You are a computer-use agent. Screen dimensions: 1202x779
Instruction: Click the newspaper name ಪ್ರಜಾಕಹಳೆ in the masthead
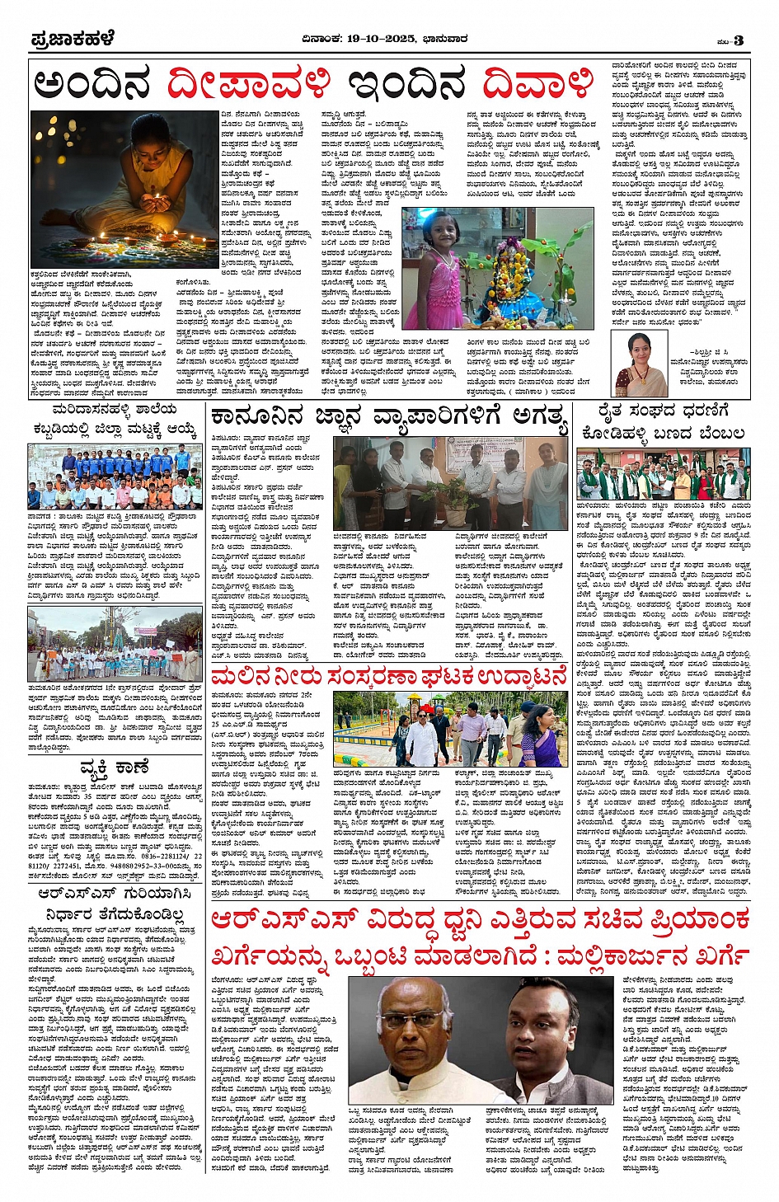click(x=72, y=39)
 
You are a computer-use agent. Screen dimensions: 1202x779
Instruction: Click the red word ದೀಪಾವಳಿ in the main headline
click(x=249, y=84)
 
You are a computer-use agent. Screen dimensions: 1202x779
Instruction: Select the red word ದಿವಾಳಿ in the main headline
click(x=537, y=84)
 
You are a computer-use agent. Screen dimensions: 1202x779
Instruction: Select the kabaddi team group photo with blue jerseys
click(x=115, y=477)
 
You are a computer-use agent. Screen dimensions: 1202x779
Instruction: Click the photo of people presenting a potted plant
click(x=450, y=482)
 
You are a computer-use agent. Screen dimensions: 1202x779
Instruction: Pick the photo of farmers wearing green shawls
click(x=663, y=475)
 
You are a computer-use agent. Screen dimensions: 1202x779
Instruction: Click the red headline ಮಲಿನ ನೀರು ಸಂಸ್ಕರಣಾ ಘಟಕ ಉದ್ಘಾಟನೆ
click(x=389, y=678)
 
